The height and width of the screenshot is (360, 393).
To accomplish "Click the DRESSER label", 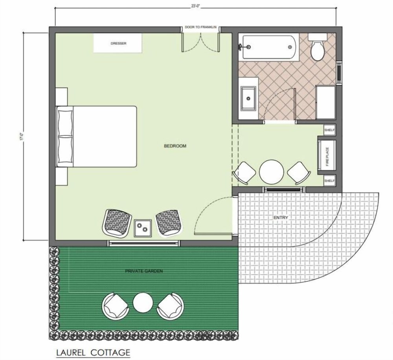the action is pyautogui.click(x=119, y=43).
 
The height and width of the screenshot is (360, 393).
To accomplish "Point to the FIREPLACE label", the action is pyautogui.click(x=327, y=157).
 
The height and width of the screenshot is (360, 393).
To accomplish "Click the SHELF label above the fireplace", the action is pyautogui.click(x=329, y=130).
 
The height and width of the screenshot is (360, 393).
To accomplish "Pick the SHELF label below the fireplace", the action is pyautogui.click(x=329, y=181).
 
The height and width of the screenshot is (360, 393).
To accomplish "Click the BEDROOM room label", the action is pyautogui.click(x=175, y=146).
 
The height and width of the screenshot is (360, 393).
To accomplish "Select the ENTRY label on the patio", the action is pyautogui.click(x=281, y=217).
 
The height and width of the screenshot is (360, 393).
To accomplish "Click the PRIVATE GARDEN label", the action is pyautogui.click(x=144, y=271).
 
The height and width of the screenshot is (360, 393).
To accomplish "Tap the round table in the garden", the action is pyautogui.click(x=143, y=302).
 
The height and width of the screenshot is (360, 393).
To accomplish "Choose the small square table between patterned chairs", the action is pyautogui.click(x=143, y=228).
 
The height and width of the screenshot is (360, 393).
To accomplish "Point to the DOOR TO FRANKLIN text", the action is pyautogui.click(x=200, y=27).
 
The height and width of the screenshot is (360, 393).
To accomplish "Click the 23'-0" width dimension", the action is pyautogui.click(x=195, y=7).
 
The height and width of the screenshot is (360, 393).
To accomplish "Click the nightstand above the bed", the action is pyautogui.click(x=61, y=97).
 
